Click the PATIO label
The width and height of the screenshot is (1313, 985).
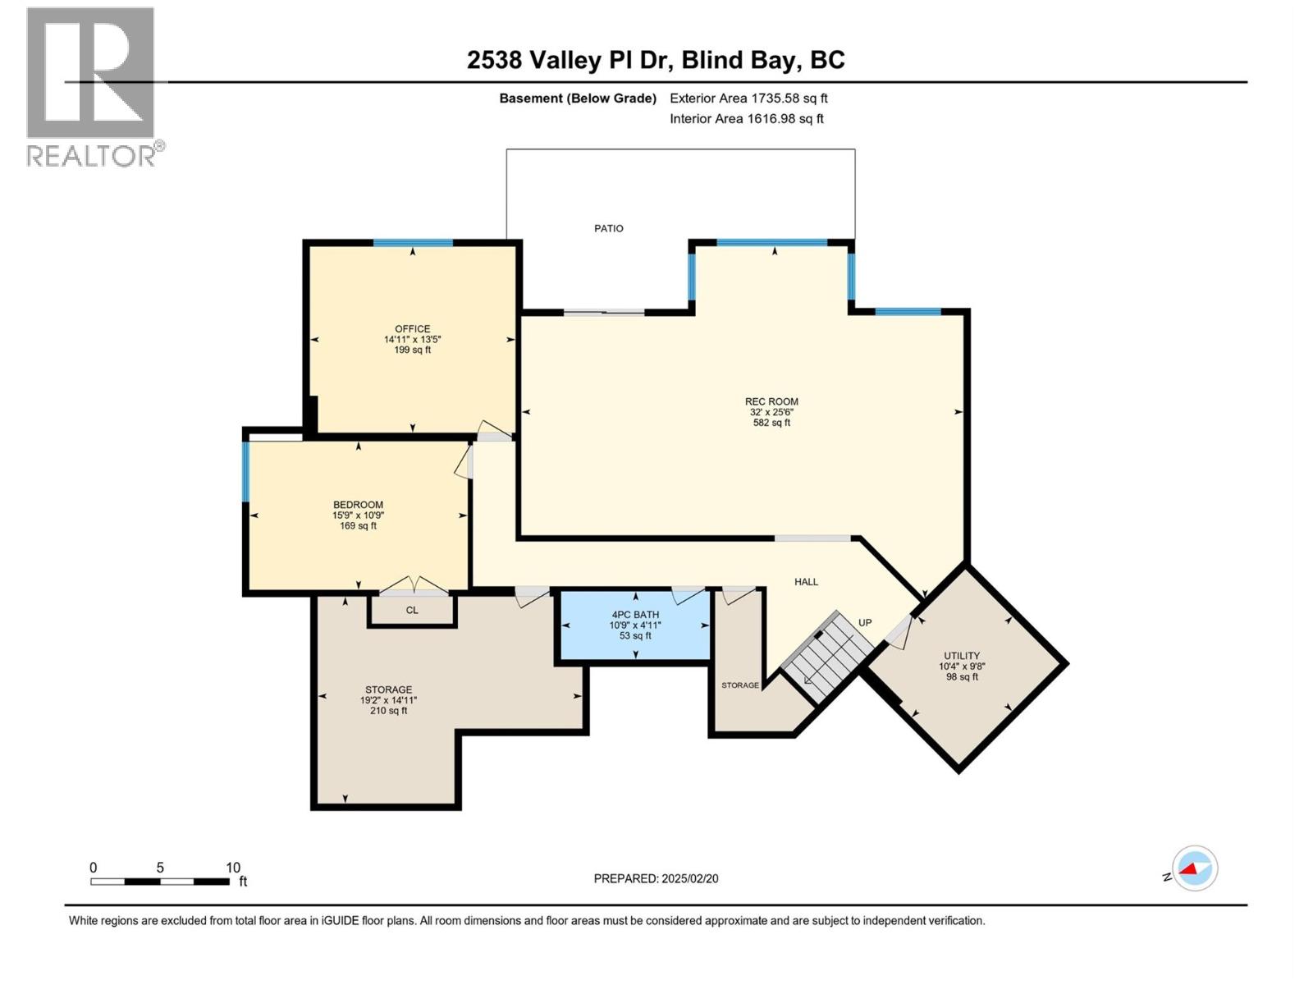[609, 228]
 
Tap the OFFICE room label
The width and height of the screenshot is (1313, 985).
[412, 328]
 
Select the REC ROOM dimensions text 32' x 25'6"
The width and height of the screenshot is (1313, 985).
[771, 412]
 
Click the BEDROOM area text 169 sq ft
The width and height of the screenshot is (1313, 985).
[359, 525]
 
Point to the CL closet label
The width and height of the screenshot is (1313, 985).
[412, 610]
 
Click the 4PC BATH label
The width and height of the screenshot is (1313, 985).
[635, 614]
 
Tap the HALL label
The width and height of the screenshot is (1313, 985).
[806, 581]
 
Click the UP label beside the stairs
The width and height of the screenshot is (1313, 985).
[864, 622]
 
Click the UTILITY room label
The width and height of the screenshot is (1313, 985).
[961, 656]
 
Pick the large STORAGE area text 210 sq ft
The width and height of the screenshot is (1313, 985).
[389, 711]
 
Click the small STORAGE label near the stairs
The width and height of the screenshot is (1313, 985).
[740, 685]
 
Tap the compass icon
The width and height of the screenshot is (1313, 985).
[1194, 868]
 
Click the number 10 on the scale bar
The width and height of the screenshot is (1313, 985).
[233, 868]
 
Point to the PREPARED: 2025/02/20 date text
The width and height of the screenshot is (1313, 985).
[656, 878]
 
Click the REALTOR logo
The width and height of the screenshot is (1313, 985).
[92, 86]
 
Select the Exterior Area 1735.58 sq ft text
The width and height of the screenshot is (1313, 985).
[748, 98]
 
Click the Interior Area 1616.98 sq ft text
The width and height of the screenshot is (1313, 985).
[746, 118]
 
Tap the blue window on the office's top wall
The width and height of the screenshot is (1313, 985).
[413, 243]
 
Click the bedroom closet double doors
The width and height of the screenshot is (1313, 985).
[414, 586]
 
